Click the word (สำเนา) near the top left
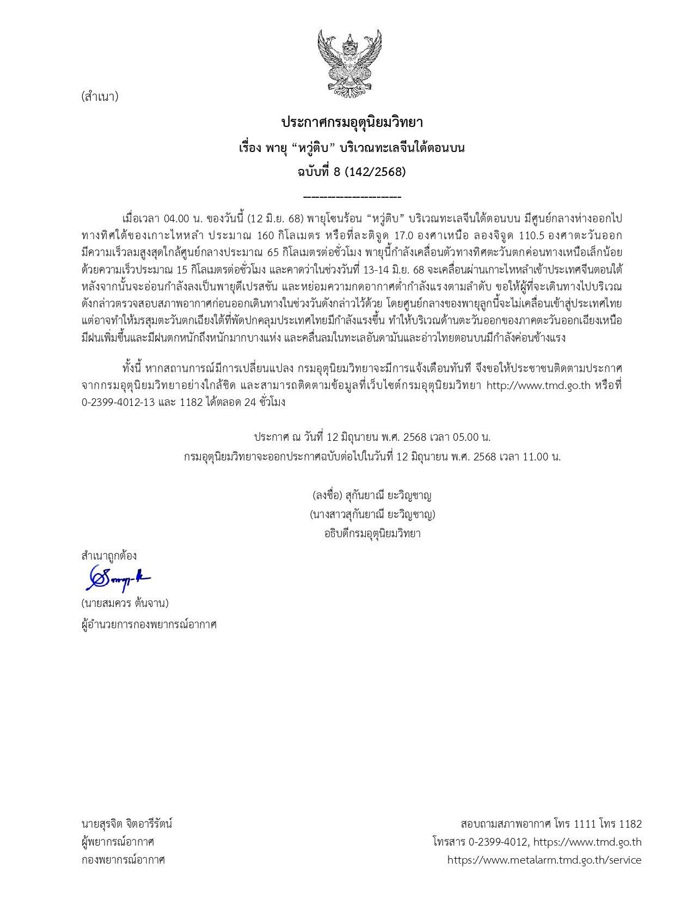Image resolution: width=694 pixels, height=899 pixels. (x=99, y=97)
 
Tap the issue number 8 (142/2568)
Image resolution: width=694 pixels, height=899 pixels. (x=368, y=172)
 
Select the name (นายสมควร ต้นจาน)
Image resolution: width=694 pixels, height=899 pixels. (x=125, y=603)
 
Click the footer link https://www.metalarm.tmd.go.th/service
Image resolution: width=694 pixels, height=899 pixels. (x=544, y=860)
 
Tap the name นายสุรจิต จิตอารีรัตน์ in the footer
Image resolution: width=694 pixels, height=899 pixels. (x=126, y=823)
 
